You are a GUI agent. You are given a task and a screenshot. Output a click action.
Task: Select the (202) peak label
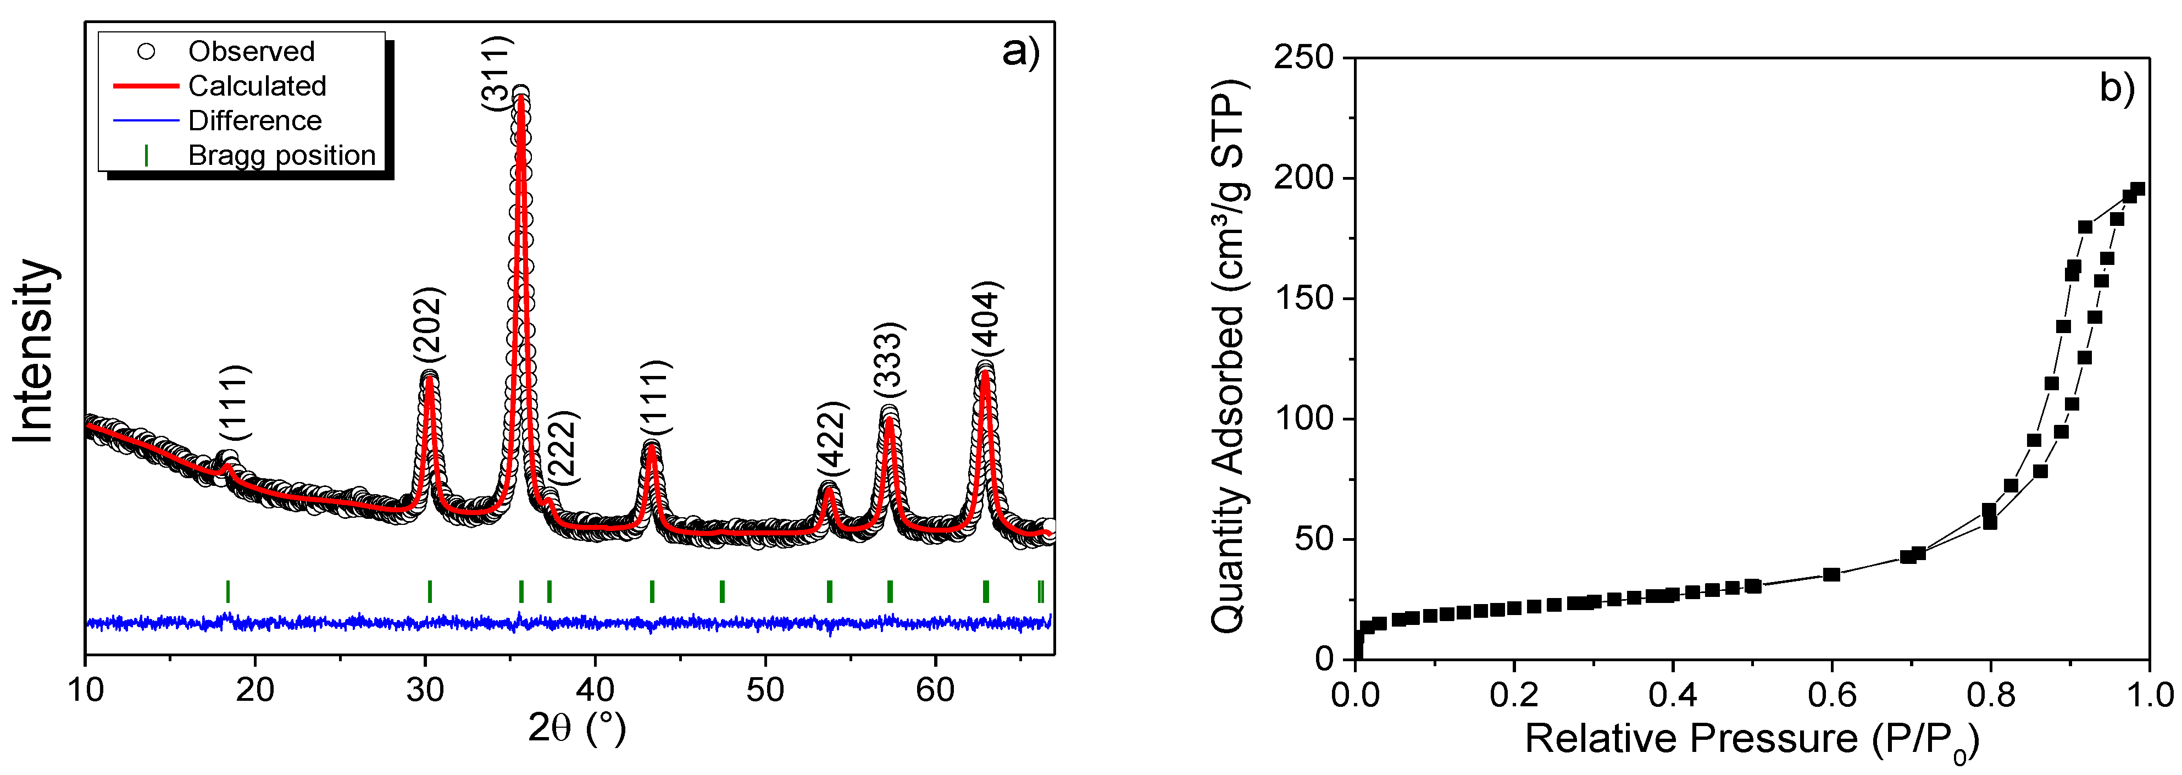click(427, 326)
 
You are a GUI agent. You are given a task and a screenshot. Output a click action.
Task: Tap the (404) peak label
click(986, 319)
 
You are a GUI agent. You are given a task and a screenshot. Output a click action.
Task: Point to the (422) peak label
click(832, 440)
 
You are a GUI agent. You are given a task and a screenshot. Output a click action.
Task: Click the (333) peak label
click(890, 360)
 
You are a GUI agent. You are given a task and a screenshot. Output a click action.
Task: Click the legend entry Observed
click(251, 52)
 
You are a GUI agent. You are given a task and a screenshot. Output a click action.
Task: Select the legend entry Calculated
click(257, 86)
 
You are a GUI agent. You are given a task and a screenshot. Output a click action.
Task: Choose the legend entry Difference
click(254, 121)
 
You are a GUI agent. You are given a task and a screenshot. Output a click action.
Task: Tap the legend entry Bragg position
click(281, 156)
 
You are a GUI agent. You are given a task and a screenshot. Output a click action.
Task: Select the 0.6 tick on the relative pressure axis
click(1831, 695)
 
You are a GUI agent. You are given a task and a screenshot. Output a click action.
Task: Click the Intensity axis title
click(34, 351)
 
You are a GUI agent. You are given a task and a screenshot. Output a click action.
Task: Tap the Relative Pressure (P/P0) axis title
click(1752, 739)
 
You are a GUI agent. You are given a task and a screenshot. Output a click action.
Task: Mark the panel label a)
click(1020, 53)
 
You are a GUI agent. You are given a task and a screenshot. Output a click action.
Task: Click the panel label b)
click(2117, 87)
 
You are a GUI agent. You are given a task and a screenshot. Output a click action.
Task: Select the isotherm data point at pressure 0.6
click(1831, 574)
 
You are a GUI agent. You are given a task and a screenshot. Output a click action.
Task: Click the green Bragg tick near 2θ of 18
click(228, 591)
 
